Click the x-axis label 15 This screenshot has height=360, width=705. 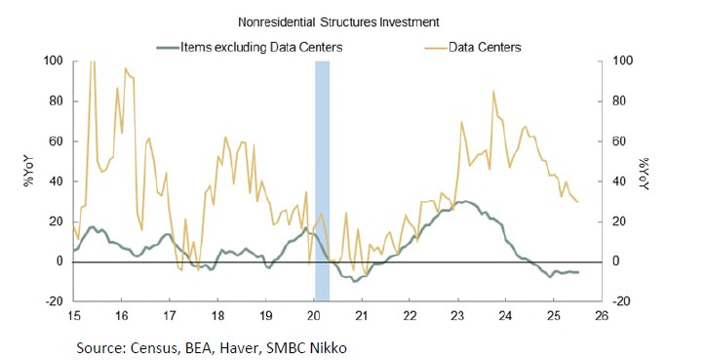coord(73,317)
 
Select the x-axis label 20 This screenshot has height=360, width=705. coord(314,317)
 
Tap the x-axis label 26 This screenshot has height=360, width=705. coord(602,317)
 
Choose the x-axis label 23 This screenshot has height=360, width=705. coord(458,317)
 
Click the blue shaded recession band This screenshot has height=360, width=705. coord(322,180)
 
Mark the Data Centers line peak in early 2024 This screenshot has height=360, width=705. coord(493,92)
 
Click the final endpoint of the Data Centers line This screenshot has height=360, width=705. coord(577,202)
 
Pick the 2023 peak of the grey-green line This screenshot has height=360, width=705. coord(466,202)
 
